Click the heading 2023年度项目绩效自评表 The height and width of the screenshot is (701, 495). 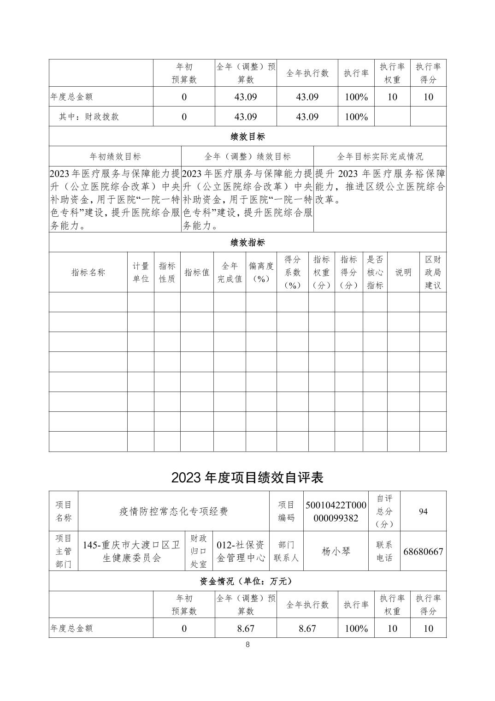click(x=247, y=477)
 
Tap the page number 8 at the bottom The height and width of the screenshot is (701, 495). click(x=247, y=645)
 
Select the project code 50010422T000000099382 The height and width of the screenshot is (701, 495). click(x=336, y=511)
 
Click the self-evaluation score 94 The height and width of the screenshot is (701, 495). click(x=423, y=511)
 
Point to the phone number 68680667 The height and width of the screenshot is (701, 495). click(x=423, y=552)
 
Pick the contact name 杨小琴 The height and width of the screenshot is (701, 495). click(x=336, y=551)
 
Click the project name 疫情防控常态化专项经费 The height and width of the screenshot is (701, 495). click(x=174, y=511)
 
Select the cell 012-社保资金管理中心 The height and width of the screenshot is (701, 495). click(x=241, y=551)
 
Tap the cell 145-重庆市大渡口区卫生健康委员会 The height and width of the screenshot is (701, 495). click(x=131, y=551)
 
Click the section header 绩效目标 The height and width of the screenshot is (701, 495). click(x=247, y=137)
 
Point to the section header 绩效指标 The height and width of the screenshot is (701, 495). click(x=247, y=243)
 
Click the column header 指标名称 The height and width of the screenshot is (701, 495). click(x=88, y=272)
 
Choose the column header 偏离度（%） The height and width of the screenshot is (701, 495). click(x=261, y=272)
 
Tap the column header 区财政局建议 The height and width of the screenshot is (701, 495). click(x=433, y=272)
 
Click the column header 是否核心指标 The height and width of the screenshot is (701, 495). click(x=375, y=272)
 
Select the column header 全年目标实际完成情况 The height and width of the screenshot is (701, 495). click(x=380, y=157)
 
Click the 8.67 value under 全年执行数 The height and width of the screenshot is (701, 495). click(x=307, y=628)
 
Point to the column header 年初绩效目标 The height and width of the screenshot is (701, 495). click(x=115, y=157)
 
